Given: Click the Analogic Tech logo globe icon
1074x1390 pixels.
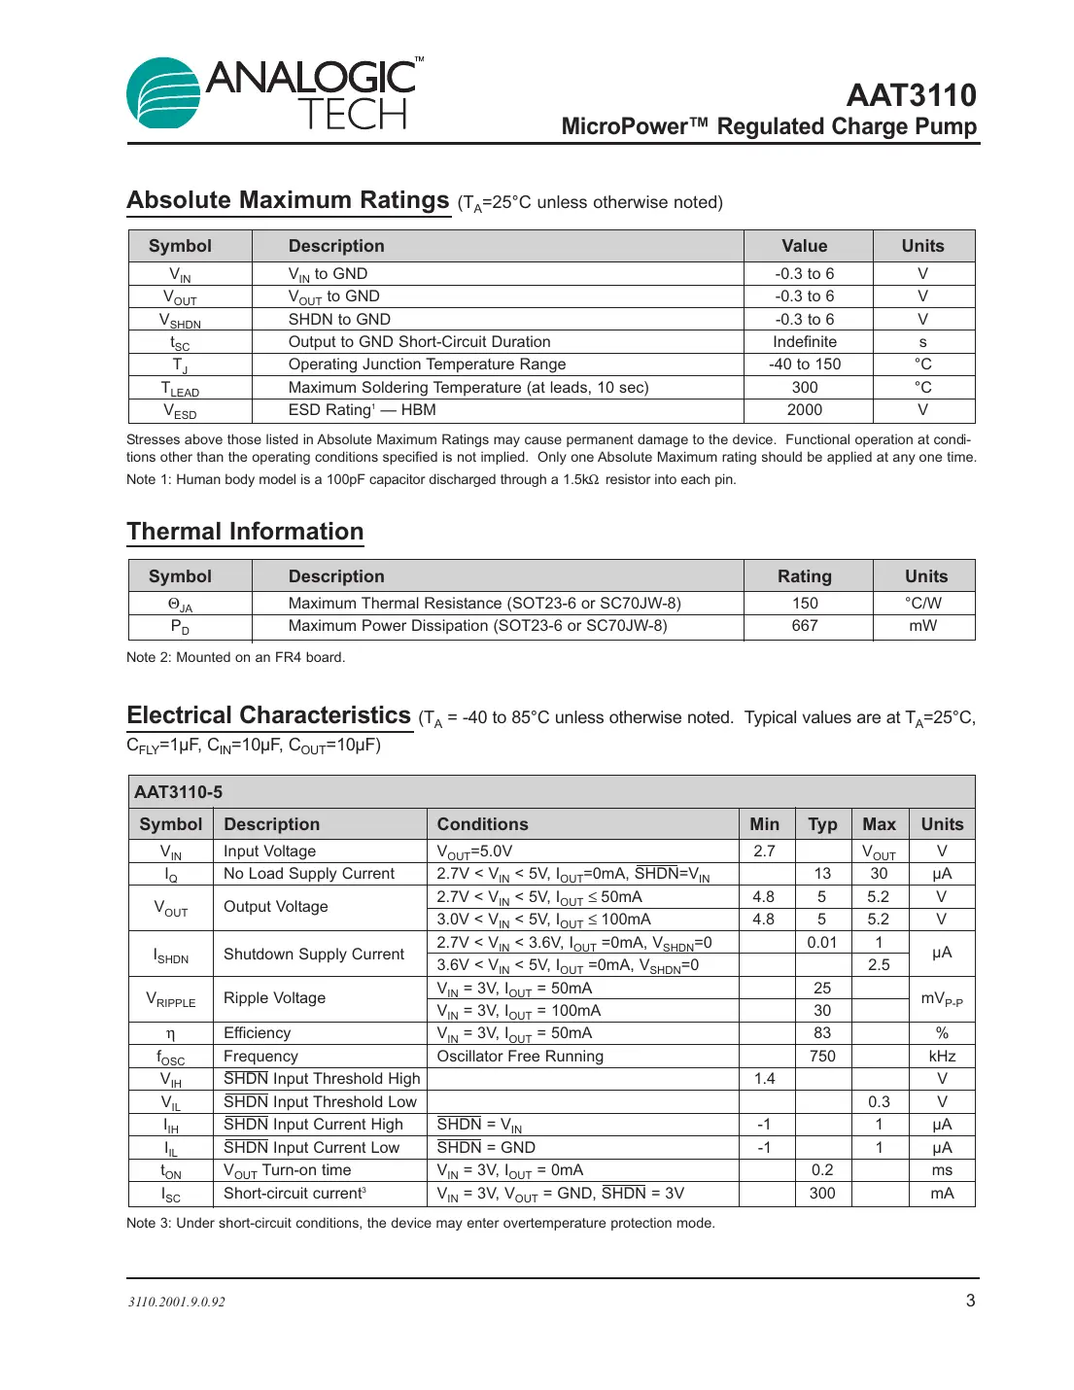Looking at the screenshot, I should point(162,93).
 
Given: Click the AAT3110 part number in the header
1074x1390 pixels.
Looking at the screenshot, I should point(911,95).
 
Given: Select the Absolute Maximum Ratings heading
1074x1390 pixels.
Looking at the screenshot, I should point(288,200).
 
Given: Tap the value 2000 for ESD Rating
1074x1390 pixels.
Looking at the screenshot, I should point(804,410).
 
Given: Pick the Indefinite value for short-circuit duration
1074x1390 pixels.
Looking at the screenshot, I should point(804,342).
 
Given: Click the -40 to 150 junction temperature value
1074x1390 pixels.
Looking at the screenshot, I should point(804,365).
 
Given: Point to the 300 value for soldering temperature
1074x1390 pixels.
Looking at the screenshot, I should point(804,388).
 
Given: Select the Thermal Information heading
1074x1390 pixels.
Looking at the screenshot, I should point(245,532).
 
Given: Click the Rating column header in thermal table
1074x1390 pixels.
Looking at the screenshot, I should point(804,576).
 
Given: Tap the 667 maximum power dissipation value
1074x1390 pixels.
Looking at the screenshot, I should point(804,626).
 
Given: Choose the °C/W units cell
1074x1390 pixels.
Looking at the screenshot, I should point(922,604).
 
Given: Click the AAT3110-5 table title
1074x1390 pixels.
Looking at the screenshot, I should point(178,792).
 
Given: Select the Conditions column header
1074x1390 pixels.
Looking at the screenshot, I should point(482,824).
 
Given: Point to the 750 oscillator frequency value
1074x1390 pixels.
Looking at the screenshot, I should point(822,1057).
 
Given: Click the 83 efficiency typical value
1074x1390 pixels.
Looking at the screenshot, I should point(822,1033).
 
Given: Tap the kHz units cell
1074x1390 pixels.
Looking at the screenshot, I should point(941,1057).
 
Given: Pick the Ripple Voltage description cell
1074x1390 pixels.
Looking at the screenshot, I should point(274,998).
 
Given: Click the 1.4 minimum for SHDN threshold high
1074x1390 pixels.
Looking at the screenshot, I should point(764,1079).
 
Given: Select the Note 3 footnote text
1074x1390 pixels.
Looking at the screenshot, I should point(420,1224).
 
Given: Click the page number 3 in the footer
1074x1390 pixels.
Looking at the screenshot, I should point(969,1301).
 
